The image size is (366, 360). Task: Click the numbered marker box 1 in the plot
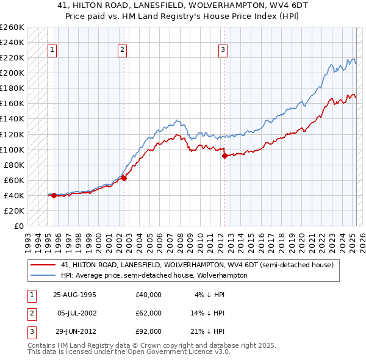52,50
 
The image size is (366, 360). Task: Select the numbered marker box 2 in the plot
123,50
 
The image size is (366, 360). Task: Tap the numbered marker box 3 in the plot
223,50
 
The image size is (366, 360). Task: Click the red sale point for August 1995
54,195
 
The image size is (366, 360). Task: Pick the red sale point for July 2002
124,178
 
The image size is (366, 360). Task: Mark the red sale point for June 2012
224,156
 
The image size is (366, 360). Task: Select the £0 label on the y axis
18,226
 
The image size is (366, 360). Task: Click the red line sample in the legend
43,265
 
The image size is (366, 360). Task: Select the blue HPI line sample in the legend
43,275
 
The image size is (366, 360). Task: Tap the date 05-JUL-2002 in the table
77,313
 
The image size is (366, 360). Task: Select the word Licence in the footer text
182,352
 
